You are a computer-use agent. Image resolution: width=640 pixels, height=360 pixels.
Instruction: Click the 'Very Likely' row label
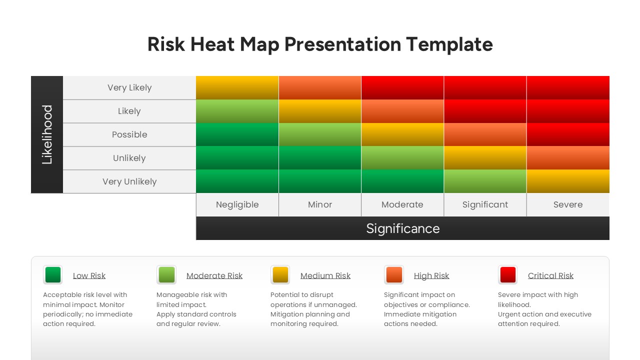pos(129,87)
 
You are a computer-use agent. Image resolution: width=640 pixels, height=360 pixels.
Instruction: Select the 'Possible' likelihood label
pos(129,134)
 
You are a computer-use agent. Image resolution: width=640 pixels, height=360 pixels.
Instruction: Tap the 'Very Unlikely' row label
pos(129,181)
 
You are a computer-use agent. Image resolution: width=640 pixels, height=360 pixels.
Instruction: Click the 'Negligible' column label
pos(237,204)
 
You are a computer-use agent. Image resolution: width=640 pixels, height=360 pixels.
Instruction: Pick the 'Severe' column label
pos(568,204)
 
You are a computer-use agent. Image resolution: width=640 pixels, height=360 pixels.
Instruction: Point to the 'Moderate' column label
pos(402,204)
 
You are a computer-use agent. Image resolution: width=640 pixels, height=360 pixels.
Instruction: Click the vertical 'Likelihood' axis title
pos(47,134)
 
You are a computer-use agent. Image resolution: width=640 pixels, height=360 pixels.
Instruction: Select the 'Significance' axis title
pos(403,228)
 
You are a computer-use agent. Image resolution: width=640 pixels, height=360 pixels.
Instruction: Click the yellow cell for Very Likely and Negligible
pos(237,87)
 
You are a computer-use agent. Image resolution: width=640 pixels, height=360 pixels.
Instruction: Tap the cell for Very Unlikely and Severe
pos(568,181)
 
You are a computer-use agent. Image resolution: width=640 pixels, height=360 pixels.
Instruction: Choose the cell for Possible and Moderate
pos(402,134)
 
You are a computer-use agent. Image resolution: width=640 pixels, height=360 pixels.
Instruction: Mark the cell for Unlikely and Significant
pos(485,158)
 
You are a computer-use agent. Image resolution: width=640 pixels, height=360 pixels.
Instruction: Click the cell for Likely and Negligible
pos(237,111)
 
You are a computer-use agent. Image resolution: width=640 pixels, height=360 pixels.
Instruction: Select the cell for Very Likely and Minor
pos(320,87)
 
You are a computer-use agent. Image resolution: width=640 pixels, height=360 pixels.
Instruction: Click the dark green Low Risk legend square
pos(53,275)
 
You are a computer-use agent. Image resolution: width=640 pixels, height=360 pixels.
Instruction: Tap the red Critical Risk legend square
pos(508,275)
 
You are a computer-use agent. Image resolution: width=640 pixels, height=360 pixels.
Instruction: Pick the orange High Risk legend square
pos(394,275)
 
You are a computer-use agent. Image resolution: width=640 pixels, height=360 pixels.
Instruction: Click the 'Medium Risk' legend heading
pos(325,275)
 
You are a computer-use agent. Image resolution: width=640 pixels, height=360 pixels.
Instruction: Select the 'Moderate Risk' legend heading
pos(214,275)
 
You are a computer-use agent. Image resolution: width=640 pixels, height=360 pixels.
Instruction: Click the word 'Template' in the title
pos(449,44)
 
